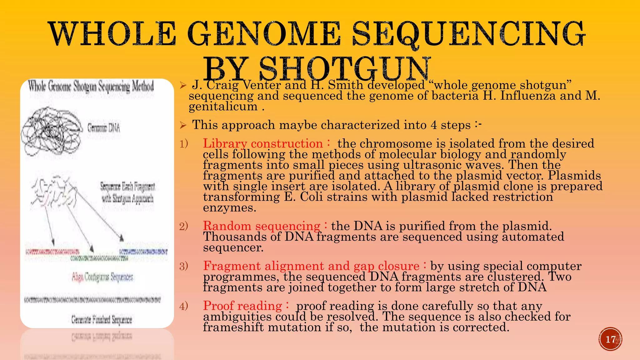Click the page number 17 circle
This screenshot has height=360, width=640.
coord(610,339)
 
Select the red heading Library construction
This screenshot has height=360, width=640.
coord(263,143)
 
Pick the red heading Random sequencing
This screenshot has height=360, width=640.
coord(262,226)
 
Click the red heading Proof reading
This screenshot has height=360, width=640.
coord(242,306)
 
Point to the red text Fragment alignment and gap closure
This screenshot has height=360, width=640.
coord(311,266)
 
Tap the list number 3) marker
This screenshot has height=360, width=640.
coord(183,266)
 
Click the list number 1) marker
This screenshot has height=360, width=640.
coord(183,144)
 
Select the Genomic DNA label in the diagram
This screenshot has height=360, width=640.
coord(103,128)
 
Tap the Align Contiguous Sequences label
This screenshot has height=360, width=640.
coord(102,277)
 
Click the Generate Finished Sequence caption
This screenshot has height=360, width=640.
coord(102,320)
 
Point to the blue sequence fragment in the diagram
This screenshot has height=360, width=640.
coord(143,252)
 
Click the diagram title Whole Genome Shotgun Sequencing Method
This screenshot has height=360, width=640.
coord(91,87)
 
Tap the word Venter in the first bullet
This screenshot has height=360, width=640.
coord(262,85)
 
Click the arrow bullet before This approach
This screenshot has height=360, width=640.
coord(183,126)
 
